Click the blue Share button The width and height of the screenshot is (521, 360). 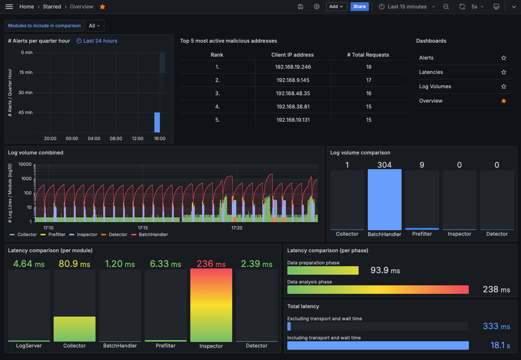click(359, 7)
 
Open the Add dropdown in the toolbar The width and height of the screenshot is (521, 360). click(337, 7)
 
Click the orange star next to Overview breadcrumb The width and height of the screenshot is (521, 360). click(103, 7)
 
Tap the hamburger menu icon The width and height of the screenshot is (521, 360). click(9, 7)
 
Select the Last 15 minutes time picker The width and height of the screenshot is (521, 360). click(407, 7)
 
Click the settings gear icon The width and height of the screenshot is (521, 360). click(317, 7)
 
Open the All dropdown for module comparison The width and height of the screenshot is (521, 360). click(95, 26)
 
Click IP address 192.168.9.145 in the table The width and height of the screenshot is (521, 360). click(293, 80)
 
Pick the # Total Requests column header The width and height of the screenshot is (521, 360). click(368, 55)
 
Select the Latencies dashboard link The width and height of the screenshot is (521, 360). click(431, 72)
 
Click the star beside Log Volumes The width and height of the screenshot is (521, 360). click(504, 86)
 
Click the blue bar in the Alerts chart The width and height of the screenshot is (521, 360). click(157, 122)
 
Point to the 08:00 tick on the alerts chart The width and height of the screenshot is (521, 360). click(116, 139)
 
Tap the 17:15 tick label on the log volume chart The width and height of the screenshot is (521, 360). click(143, 228)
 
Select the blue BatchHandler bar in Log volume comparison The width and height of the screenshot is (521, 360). click(384, 200)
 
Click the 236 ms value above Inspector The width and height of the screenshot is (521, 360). click(211, 264)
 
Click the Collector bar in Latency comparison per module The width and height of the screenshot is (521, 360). click(75, 329)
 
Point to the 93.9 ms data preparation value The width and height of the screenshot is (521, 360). click(385, 270)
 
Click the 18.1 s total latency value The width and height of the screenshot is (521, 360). click(500, 345)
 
